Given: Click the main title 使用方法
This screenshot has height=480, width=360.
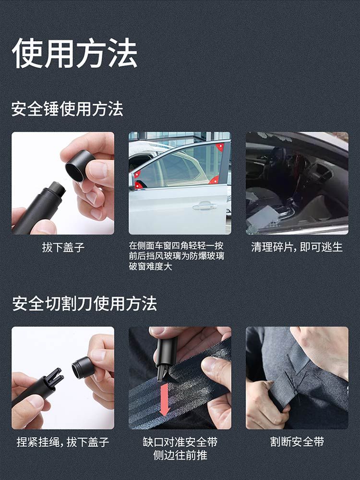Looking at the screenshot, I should tap(75, 53).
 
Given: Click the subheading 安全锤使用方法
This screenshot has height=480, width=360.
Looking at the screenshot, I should tap(67, 109).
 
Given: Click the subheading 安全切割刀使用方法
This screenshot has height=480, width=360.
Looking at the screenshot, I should tap(84, 304).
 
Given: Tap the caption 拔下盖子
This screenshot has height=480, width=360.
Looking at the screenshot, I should tap(63, 247).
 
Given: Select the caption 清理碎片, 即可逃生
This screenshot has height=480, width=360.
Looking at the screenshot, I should tap(297, 247).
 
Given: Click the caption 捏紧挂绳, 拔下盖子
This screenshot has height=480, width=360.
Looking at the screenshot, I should tap(63, 442).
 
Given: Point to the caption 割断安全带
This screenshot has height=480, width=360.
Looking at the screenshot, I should tap(297, 442).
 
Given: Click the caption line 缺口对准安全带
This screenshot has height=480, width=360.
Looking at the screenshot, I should tap(180, 442).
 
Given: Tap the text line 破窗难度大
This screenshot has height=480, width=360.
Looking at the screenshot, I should tap(150, 267).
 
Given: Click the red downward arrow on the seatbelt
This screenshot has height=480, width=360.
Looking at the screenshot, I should tap(165, 398).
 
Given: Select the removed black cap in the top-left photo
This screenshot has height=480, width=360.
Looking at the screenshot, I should tap(80, 165).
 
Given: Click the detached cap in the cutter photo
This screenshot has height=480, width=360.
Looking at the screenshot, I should tap(83, 368).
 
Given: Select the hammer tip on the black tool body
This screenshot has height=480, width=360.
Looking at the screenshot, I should tap(58, 188).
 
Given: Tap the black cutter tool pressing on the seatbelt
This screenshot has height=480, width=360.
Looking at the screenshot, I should tap(166, 356).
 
